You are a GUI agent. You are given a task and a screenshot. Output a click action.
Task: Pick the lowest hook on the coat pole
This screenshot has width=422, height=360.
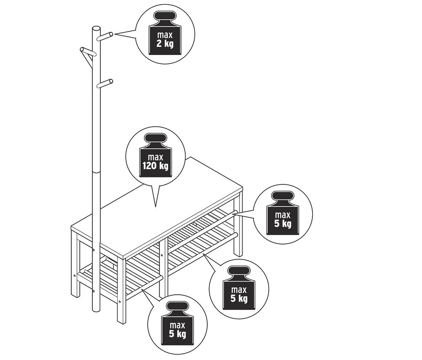pos(105,84)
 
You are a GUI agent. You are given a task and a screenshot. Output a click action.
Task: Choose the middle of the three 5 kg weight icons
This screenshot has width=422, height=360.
pos(239,288)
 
